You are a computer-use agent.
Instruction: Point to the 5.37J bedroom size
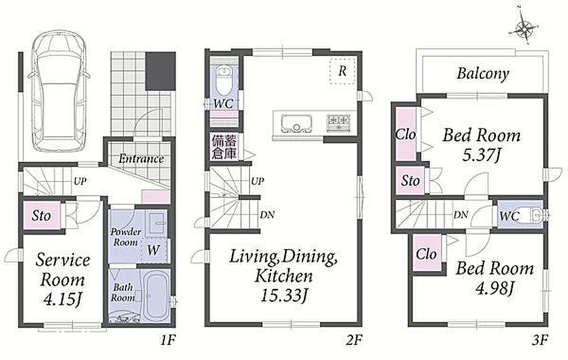481,155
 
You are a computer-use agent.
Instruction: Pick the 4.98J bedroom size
495,288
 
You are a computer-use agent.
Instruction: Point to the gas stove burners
338,124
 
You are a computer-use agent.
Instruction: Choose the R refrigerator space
343,72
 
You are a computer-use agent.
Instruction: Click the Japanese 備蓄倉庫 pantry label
224,147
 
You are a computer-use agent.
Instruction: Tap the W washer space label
153,251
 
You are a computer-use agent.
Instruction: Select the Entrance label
141,159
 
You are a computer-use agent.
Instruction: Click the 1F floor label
168,340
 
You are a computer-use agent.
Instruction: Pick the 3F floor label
540,340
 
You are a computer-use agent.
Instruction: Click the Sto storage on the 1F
41,216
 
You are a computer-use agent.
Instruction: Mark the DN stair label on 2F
267,215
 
